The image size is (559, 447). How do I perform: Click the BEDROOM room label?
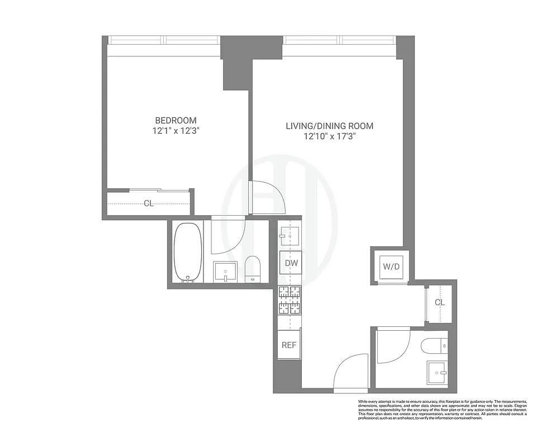176,120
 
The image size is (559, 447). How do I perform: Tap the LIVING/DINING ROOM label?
329,126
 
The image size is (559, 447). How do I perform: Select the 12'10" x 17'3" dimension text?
329,136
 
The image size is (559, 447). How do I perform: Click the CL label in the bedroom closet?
149,203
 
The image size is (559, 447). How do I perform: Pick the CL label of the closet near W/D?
440,302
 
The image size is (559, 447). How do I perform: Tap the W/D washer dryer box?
391,267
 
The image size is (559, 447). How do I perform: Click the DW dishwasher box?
290,263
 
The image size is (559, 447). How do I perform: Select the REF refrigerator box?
289,345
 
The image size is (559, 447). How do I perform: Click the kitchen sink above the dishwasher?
290,235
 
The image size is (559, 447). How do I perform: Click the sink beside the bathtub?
226,272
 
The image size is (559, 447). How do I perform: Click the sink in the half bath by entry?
437,372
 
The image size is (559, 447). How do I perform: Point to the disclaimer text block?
442,410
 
